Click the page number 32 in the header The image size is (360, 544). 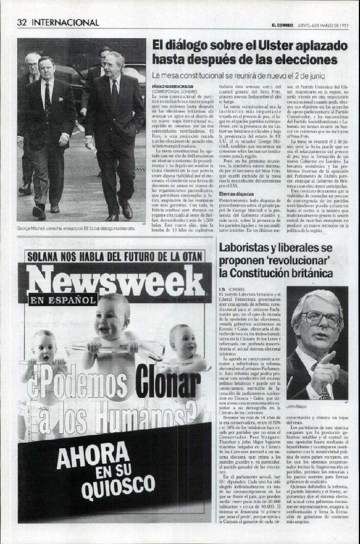pos(22,23)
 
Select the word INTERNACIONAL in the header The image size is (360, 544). pos(65,23)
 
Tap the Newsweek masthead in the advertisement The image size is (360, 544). pos(115,283)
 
